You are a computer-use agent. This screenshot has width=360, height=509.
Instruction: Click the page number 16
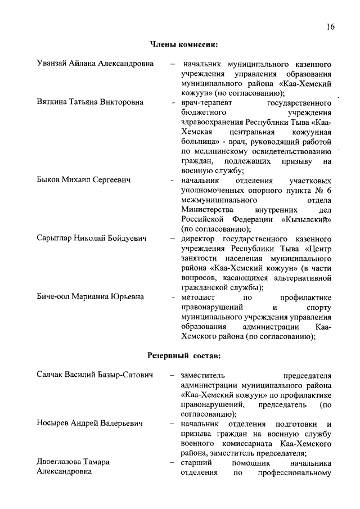click(330, 27)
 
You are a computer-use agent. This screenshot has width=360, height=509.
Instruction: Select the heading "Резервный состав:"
click(184, 355)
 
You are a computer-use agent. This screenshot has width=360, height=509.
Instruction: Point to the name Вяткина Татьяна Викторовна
click(90, 102)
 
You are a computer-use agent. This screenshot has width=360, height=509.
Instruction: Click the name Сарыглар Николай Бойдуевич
click(92, 238)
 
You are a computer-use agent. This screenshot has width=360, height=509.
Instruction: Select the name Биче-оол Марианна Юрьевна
click(90, 296)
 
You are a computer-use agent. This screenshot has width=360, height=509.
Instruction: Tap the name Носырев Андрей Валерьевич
click(89, 423)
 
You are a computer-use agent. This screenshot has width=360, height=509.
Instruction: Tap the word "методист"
click(197, 297)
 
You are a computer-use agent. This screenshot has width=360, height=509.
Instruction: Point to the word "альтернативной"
click(299, 277)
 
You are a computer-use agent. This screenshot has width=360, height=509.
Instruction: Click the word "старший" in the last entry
click(195, 462)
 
